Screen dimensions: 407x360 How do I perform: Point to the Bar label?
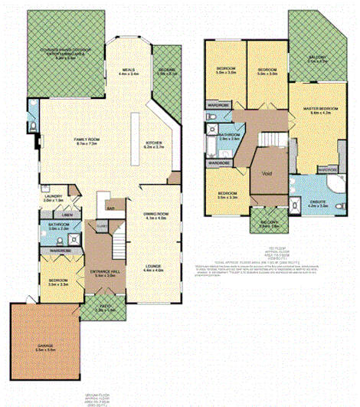click(x=112, y=208)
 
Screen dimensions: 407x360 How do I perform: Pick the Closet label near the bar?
click(x=102, y=226)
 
